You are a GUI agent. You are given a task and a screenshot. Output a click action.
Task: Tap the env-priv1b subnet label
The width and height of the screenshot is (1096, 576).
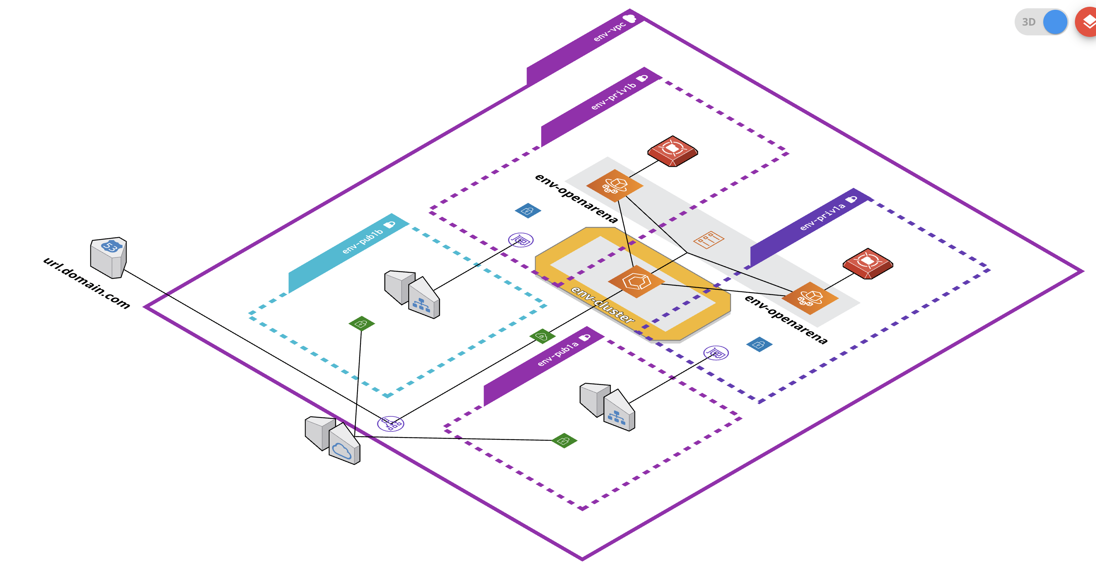613,96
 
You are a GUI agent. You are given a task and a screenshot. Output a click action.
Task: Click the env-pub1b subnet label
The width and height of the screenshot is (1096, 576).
362,241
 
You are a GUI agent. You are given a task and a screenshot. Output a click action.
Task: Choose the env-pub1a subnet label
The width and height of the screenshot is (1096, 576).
558,354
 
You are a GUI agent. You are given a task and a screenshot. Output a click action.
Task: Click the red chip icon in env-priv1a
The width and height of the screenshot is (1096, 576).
867,263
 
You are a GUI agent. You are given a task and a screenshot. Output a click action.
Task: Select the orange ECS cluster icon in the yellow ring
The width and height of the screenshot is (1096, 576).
636,282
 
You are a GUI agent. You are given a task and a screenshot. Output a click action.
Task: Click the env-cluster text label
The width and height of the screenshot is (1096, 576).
602,305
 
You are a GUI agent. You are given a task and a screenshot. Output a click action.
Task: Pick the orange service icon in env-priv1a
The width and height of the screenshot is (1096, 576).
810,298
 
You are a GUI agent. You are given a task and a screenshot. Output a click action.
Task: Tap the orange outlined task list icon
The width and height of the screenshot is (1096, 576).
708,239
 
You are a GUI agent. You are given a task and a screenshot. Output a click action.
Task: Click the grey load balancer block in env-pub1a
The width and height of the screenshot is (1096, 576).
607,407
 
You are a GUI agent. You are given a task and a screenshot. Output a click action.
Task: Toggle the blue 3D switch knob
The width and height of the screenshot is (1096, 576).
1055,22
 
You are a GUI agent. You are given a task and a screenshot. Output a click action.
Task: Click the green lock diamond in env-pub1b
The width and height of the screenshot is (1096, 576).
361,324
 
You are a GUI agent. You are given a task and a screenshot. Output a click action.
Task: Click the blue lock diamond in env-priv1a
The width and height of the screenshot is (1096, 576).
759,344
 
